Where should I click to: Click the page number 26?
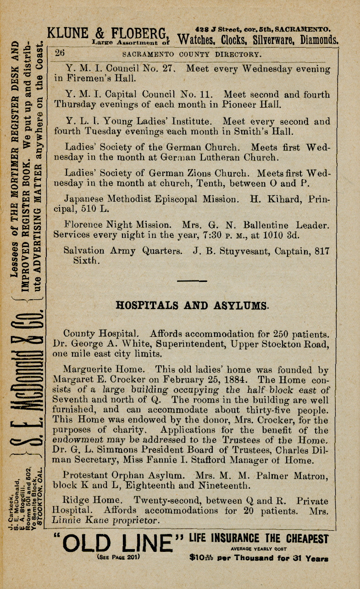60,53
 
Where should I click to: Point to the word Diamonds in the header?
320,40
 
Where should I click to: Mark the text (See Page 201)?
118,558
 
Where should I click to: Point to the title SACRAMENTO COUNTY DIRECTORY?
192,54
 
